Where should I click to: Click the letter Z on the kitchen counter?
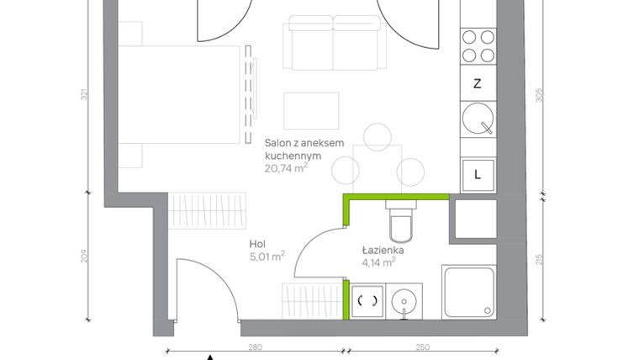point(478,83)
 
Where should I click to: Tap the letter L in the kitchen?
point(478,175)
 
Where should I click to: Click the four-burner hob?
point(478,46)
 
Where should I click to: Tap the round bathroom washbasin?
point(405,300)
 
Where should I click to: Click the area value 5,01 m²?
point(267,257)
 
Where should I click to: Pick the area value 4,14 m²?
point(379,262)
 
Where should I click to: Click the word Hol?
point(256,244)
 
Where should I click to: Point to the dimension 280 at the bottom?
point(256,347)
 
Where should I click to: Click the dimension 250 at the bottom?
point(422,347)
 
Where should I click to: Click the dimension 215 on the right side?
point(541,259)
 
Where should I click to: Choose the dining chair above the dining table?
point(378,135)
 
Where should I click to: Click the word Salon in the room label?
point(278,144)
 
